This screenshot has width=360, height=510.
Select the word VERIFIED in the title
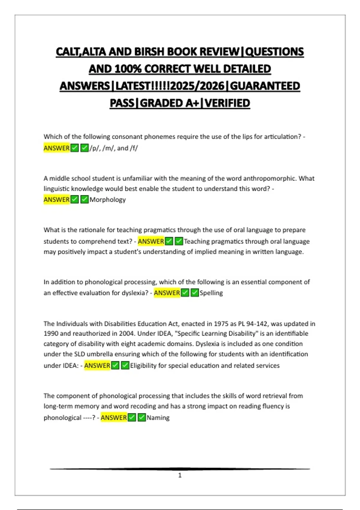pos(227,103)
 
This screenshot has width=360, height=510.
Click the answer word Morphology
pos(108,200)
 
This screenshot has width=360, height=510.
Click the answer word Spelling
pos(211,293)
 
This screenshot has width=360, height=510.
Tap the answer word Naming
pos(158,418)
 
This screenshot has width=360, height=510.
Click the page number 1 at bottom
pos(180,475)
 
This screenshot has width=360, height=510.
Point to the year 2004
pos(127,334)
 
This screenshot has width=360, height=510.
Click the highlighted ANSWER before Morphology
pos(57,200)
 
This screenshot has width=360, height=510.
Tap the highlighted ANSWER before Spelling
pos(167,293)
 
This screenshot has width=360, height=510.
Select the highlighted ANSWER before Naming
pos(114,418)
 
